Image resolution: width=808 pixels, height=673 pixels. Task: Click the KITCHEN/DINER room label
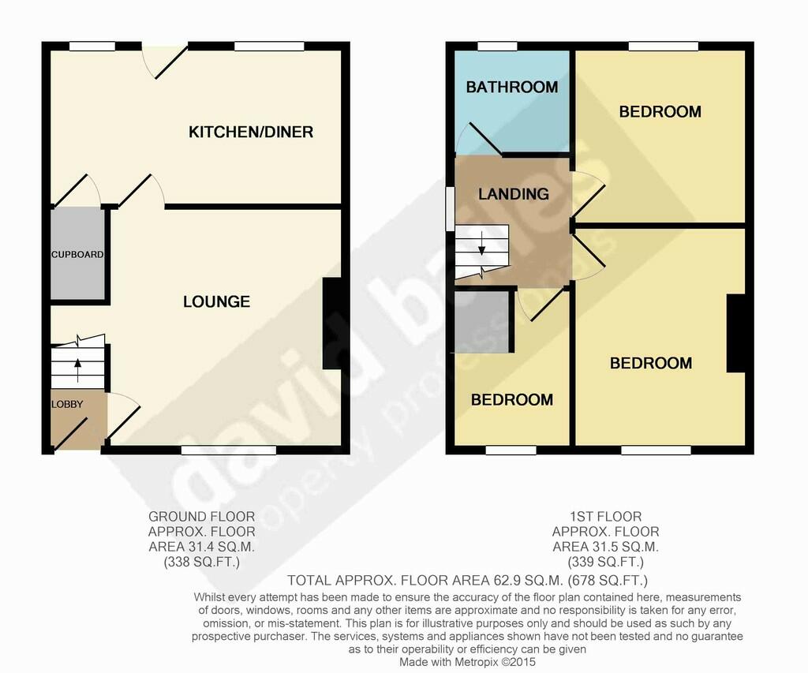(251, 132)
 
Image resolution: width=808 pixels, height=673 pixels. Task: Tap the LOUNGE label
(216, 301)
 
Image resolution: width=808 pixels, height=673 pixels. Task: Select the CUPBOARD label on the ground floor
(77, 255)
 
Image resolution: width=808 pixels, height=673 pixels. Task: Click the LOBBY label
(67, 405)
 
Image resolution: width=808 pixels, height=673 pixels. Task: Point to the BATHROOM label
(511, 87)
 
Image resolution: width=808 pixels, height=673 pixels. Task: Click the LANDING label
(513, 194)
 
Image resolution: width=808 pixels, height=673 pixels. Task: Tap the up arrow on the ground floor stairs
(78, 370)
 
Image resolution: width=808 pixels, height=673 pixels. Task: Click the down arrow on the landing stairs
(482, 243)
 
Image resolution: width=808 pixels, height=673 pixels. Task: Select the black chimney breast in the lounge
(332, 323)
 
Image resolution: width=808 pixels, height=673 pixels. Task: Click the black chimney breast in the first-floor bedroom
(736, 334)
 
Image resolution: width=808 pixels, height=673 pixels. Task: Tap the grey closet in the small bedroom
(482, 322)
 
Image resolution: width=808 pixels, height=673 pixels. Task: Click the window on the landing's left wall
(450, 209)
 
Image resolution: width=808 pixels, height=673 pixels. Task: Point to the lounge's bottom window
(229, 451)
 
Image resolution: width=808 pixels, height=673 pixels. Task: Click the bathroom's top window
(497, 47)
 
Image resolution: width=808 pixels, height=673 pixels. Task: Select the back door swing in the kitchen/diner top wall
(164, 62)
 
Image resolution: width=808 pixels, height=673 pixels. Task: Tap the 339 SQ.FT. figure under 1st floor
(605, 562)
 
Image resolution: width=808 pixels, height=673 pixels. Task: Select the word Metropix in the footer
(476, 662)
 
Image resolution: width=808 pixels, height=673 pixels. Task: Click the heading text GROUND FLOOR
(201, 516)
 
